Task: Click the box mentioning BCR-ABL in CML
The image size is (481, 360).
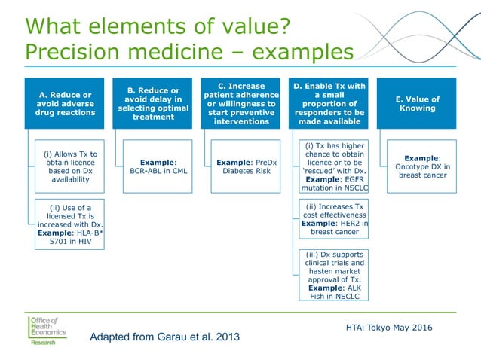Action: pyautogui.click(x=158, y=166)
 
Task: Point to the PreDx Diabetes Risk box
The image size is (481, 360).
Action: pyautogui.click(x=247, y=166)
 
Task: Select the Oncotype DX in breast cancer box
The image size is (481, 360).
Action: pyautogui.click(x=422, y=166)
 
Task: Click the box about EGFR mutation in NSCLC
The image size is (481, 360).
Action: pyautogui.click(x=334, y=166)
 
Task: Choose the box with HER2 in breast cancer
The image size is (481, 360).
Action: pyautogui.click(x=334, y=219)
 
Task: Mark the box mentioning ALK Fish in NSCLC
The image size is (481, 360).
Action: pyautogui.click(x=334, y=276)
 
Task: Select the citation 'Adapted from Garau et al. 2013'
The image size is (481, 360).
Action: pyautogui.click(x=164, y=337)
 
